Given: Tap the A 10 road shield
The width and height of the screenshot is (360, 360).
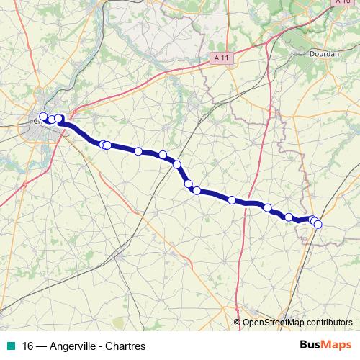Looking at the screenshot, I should click(x=343, y=2).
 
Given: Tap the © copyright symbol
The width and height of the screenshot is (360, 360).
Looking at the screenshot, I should click(x=238, y=323).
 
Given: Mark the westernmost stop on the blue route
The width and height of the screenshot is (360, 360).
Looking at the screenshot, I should click(x=43, y=117).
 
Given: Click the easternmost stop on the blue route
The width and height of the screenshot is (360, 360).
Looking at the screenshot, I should click(x=318, y=225).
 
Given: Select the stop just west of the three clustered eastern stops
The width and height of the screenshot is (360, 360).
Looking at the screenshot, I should click(x=289, y=217).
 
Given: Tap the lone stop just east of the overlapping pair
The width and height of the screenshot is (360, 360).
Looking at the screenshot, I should click(x=138, y=151).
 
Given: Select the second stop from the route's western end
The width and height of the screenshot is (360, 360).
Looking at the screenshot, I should click(x=52, y=120).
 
